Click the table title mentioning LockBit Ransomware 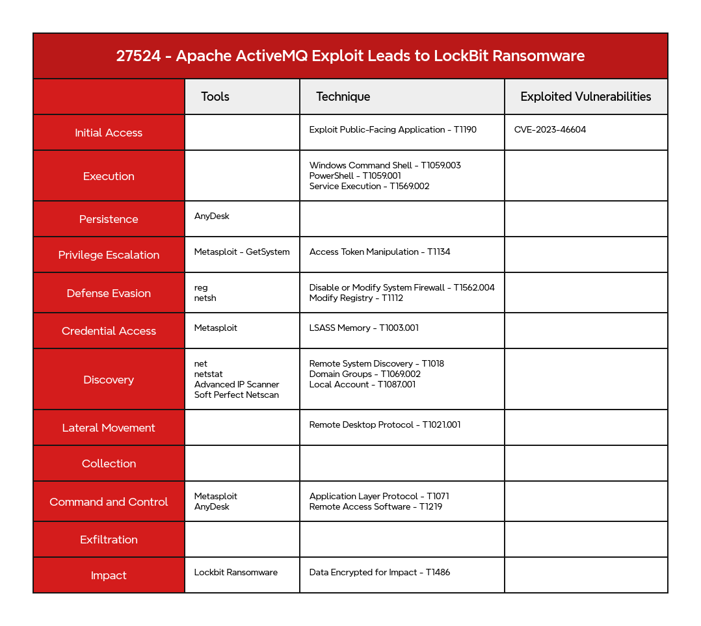[350, 56]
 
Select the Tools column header [215, 97]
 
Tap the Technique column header [343, 97]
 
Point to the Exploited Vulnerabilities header [585, 97]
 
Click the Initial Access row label [109, 133]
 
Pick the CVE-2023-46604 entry [549, 130]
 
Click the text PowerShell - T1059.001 [355, 176]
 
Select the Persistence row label [109, 219]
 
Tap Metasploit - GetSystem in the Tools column [242, 252]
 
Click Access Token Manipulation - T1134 [380, 252]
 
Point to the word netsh [205, 298]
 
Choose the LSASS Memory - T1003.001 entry [364, 328]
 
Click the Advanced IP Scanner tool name [237, 385]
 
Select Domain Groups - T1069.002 [365, 374]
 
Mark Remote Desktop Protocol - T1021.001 [385, 425]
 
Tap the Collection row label [109, 463]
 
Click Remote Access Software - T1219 [375, 507]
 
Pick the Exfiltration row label [109, 540]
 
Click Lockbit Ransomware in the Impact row [235, 573]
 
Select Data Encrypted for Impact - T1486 [380, 573]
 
